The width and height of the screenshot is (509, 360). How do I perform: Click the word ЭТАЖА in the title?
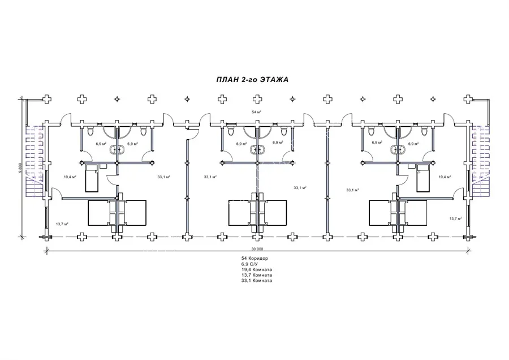[275, 80]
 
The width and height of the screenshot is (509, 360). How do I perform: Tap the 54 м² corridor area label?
[256, 112]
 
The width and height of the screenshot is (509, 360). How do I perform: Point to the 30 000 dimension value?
[257, 249]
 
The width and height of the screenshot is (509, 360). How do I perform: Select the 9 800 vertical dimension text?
[20, 168]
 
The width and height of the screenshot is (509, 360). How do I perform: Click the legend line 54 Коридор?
[255, 258]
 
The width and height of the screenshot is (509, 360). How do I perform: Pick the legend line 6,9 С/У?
[249, 264]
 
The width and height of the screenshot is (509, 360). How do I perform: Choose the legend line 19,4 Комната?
[256, 269]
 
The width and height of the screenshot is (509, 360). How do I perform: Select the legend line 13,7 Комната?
[256, 275]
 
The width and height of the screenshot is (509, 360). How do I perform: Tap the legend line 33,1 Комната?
[256, 280]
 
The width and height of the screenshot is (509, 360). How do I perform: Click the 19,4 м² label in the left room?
[70, 177]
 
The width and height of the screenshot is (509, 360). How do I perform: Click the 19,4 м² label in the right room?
[445, 177]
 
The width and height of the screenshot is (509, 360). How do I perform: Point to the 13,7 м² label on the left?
[62, 224]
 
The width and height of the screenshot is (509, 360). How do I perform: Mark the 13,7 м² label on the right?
[455, 218]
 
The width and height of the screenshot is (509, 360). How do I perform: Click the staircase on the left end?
[34, 161]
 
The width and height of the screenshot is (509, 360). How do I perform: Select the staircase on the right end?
[481, 161]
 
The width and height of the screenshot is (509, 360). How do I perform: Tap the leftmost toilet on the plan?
[90, 131]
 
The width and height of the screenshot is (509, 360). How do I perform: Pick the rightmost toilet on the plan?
[424, 131]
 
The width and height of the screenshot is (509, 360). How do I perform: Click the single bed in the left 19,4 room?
[92, 178]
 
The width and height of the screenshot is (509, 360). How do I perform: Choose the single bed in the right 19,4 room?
[423, 178]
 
